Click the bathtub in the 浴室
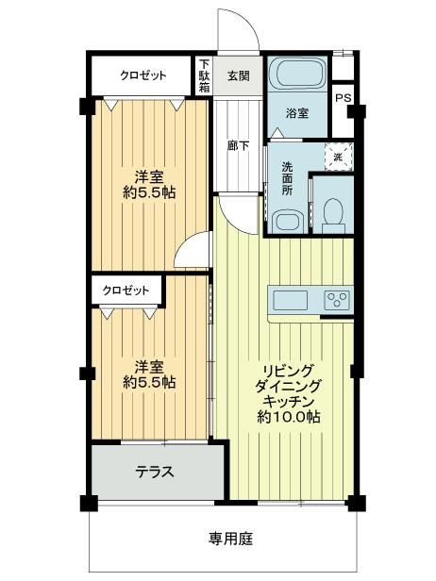tap(297, 75)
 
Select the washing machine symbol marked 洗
tap(339, 157)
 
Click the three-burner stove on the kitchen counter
tap(338, 299)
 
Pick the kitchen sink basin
tap(291, 300)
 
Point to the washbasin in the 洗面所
tap(288, 222)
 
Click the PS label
tap(343, 98)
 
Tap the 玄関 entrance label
tap(239, 76)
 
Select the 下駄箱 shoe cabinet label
tap(204, 75)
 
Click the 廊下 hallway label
tap(238, 146)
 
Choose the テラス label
tap(155, 472)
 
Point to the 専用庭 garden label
tap(230, 539)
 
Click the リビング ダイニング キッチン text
tap(287, 386)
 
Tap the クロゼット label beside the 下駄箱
tap(143, 75)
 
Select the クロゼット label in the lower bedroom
tap(126, 290)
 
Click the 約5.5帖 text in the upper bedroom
tap(149, 193)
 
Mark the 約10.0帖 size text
tap(289, 417)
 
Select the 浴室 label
tap(297, 113)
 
